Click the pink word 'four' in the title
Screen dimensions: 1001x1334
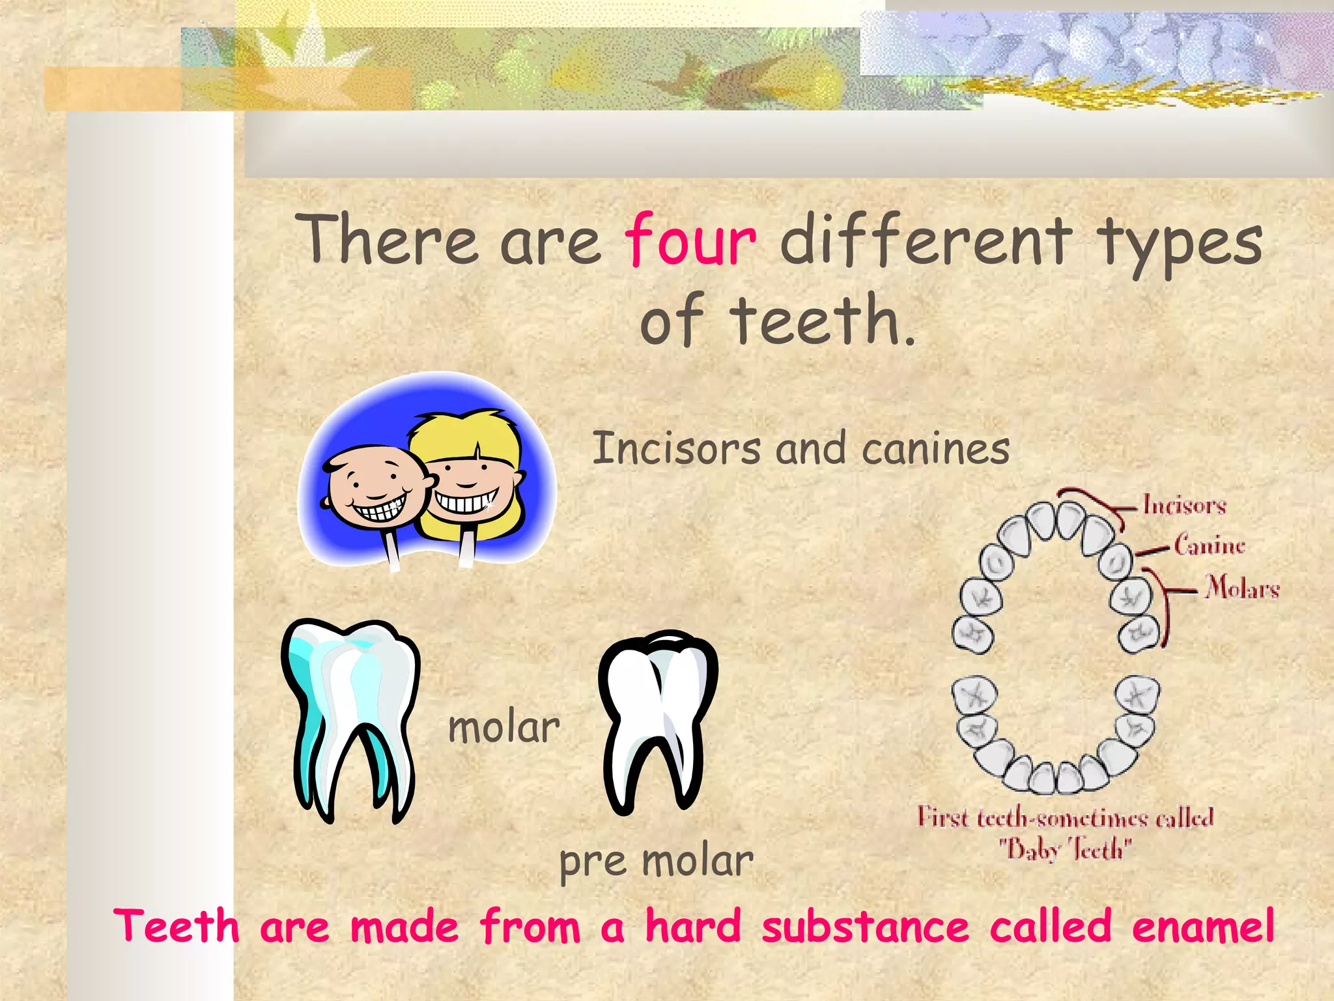pyautogui.click(x=690, y=241)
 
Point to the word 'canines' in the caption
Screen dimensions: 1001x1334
pyautogui.click(x=935, y=450)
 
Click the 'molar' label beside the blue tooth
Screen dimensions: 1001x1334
pyautogui.click(x=504, y=728)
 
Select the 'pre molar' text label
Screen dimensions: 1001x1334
pyautogui.click(x=656, y=862)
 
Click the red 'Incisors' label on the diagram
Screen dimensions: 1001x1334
pyautogui.click(x=1185, y=506)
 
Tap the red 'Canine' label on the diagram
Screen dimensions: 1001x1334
pyautogui.click(x=1210, y=545)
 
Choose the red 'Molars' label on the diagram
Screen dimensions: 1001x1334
pyautogui.click(x=1242, y=587)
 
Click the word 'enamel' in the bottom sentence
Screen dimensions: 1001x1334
pyautogui.click(x=1202, y=926)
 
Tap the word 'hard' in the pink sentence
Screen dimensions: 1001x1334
pyautogui.click(x=693, y=926)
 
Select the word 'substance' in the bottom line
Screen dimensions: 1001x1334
pyautogui.click(x=865, y=926)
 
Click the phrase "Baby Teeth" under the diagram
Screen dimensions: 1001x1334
pyautogui.click(x=1066, y=849)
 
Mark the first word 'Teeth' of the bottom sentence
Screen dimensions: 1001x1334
pyautogui.click(x=177, y=926)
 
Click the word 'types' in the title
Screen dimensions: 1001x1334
pyautogui.click(x=1180, y=244)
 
